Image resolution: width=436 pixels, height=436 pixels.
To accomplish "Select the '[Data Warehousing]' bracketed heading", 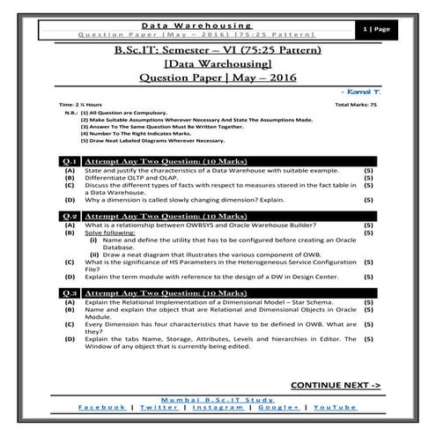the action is coord(218,64).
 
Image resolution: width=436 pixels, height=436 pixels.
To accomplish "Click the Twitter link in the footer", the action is coord(158,407).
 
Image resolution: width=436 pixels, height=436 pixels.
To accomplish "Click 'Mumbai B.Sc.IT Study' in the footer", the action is coord(218,399).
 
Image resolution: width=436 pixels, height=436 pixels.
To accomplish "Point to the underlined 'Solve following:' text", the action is coord(111,233).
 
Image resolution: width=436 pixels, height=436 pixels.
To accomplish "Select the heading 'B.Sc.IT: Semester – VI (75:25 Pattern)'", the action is coord(218,49).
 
